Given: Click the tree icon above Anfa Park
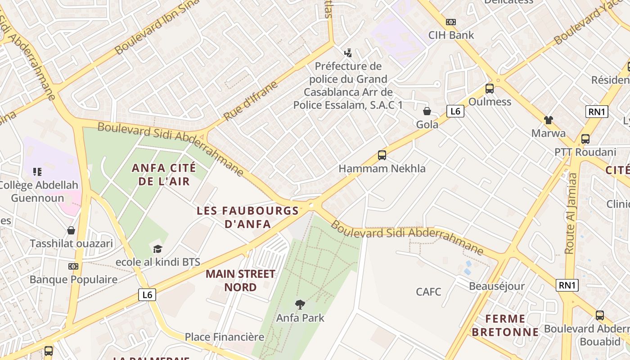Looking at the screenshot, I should point(300,305).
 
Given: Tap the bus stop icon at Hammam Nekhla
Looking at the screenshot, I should point(382,155).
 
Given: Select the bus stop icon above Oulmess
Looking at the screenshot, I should point(490,89).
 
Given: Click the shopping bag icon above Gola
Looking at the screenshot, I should point(427,111).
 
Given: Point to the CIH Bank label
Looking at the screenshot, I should point(451,35).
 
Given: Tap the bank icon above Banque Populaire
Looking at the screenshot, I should point(73,266).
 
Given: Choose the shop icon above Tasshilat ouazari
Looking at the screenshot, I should point(71,230).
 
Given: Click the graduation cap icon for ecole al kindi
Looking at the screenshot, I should point(157,249).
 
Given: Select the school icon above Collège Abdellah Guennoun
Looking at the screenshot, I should point(37,171).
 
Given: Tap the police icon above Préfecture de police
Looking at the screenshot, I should point(348,53).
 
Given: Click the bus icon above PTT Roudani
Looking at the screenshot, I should point(585,139).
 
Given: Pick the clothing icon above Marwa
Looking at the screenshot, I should point(549,120).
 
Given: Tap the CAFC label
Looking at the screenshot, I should point(428,292).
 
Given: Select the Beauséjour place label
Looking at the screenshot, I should point(497,286).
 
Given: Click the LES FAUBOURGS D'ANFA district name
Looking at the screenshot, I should point(248,217).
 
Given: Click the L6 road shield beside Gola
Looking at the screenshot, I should point(455,111).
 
